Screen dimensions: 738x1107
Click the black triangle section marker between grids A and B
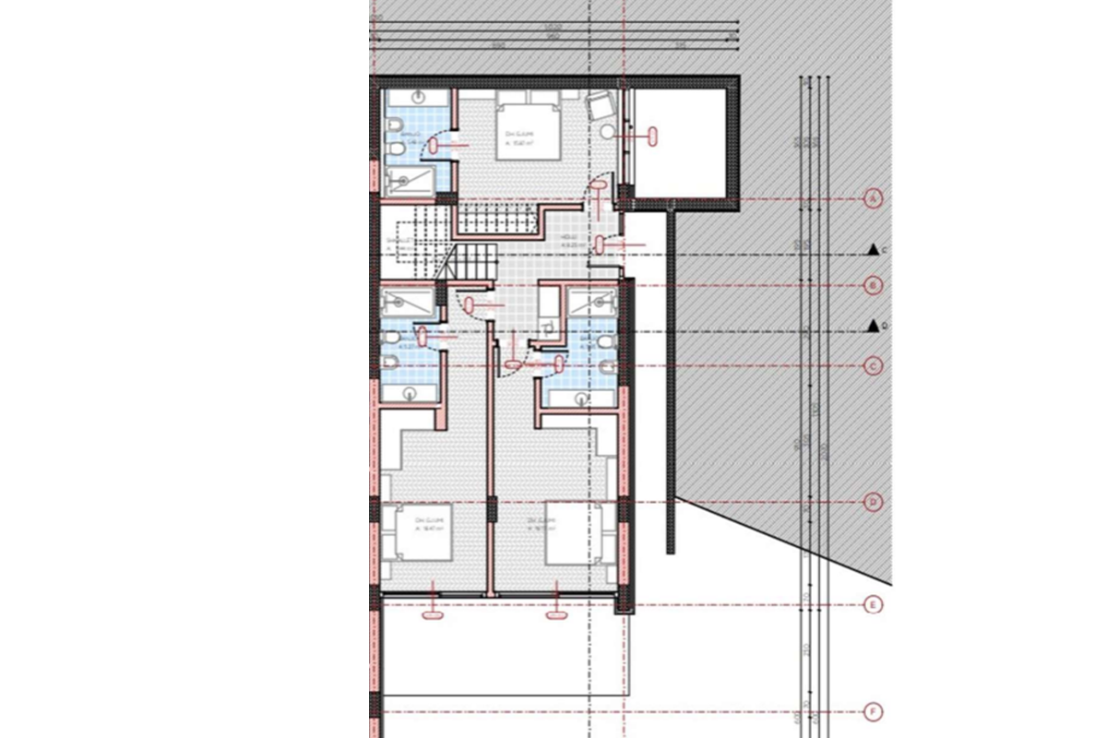coord(872,250)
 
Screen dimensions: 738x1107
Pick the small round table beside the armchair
coord(607,133)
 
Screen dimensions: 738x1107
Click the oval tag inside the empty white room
coord(654,136)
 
